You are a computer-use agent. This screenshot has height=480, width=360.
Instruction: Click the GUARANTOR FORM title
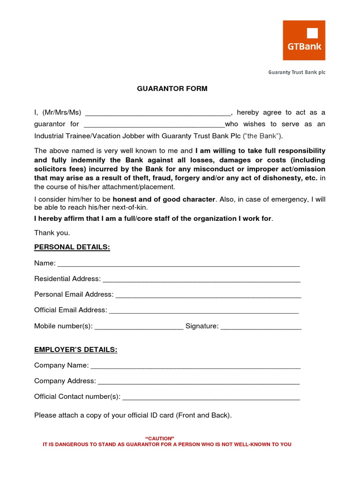pyautogui.click(x=172, y=89)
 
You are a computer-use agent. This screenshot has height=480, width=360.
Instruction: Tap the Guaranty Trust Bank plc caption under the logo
pyautogui.click(x=296, y=72)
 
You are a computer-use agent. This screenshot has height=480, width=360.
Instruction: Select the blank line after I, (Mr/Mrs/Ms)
pyautogui.click(x=158, y=113)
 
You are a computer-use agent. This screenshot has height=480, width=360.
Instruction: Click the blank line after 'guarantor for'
pyautogui.click(x=154, y=125)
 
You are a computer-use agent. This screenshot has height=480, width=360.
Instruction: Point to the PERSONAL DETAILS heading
pyautogui.click(x=72, y=247)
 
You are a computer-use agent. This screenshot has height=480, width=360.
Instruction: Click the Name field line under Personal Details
pyautogui.click(x=178, y=264)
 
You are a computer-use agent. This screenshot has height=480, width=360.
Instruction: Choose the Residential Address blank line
pyautogui.click(x=202, y=280)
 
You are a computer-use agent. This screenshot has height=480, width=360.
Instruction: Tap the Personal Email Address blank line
pyautogui.click(x=208, y=295)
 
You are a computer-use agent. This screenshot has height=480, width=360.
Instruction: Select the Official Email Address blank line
pyautogui.click(x=203, y=311)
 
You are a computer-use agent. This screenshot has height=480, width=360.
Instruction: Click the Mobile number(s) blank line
pyautogui.click(x=139, y=327)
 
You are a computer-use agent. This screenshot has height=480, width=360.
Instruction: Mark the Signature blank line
pyautogui.click(x=261, y=327)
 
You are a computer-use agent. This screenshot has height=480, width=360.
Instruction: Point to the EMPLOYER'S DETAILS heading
pyautogui.click(x=75, y=350)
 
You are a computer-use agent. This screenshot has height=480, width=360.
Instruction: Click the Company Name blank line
pyautogui.click(x=195, y=366)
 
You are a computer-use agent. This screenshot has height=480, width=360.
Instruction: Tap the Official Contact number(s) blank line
pyautogui.click(x=210, y=397)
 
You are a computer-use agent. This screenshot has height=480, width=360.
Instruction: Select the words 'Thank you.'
pyautogui.click(x=52, y=233)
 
